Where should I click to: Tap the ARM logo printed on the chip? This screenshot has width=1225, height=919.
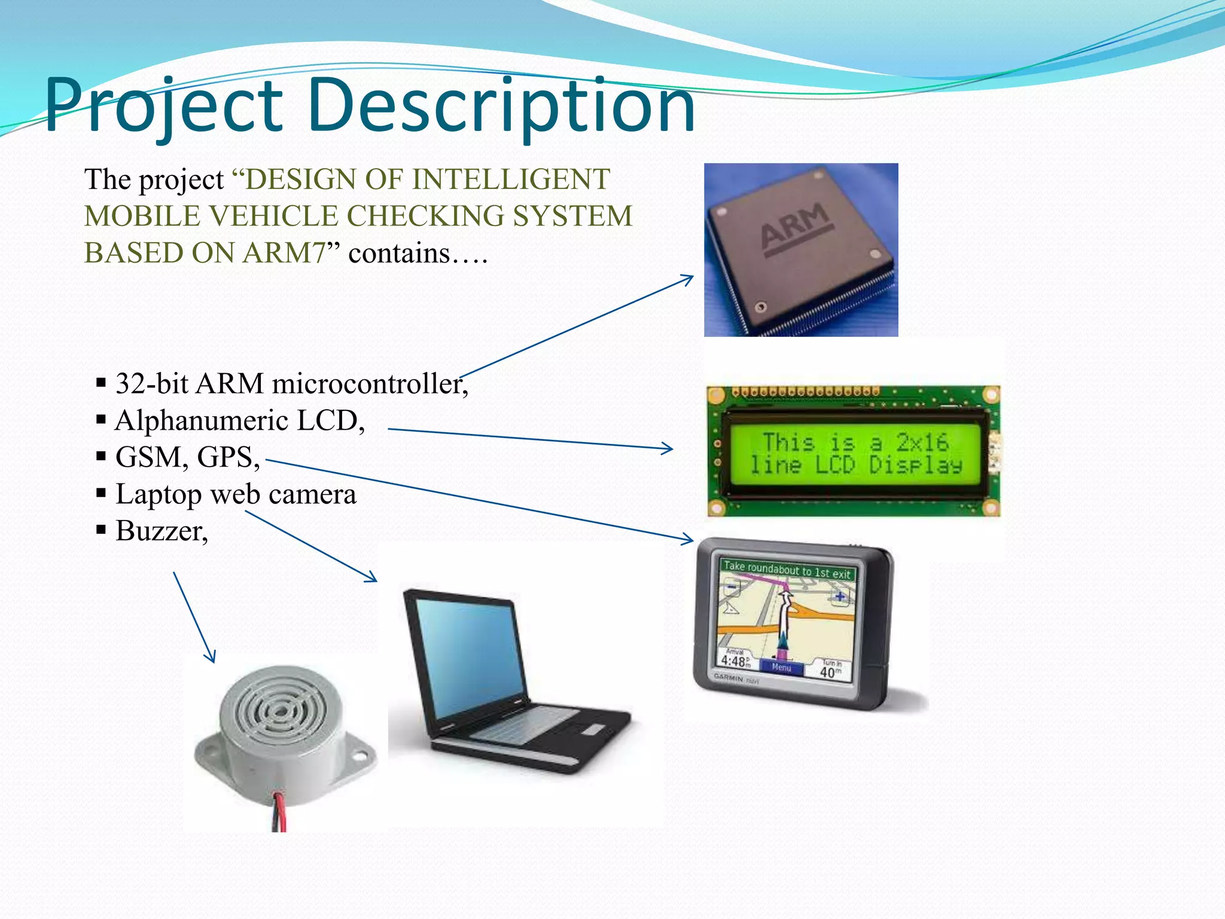click(796, 227)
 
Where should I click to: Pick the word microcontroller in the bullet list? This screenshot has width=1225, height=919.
click(370, 384)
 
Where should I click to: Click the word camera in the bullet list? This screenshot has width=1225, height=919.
click(312, 495)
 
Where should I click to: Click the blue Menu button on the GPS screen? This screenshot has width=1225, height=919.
click(782, 667)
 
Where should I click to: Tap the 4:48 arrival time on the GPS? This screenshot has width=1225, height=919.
click(735, 661)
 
